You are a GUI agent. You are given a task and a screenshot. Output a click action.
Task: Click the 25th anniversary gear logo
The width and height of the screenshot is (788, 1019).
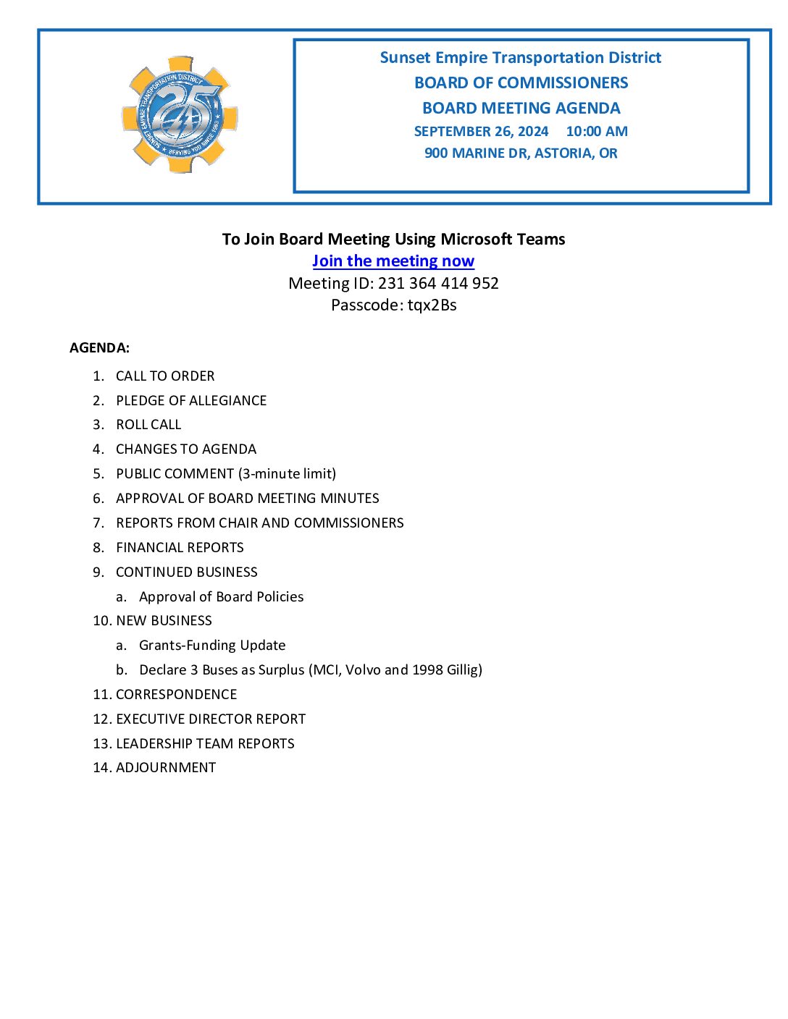(180, 114)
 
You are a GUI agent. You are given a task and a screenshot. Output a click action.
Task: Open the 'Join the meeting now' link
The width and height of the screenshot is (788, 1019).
(393, 261)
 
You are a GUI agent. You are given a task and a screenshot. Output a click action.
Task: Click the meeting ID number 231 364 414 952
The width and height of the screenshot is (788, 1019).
(438, 283)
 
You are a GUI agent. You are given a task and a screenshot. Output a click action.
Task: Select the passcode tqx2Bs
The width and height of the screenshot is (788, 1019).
(432, 305)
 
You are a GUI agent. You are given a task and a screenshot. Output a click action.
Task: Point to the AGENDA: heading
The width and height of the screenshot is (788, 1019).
(99, 348)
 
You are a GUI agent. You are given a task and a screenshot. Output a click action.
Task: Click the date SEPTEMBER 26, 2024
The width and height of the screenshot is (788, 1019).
(481, 132)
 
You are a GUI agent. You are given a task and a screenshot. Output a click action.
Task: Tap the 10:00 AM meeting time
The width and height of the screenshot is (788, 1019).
(597, 132)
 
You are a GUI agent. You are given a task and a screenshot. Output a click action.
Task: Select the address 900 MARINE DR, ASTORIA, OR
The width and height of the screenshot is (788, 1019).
(521, 153)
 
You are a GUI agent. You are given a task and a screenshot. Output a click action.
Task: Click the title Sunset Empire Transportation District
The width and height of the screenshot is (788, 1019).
(520, 58)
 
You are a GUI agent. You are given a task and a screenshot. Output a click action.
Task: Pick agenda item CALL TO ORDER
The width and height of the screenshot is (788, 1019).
(165, 376)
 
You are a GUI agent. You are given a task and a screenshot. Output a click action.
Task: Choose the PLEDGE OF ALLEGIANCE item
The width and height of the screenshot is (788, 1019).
(191, 401)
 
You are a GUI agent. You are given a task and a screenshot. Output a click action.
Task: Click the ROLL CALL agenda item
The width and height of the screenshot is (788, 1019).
(148, 425)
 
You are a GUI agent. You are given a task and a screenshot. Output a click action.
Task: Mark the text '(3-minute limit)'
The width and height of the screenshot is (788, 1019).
(287, 474)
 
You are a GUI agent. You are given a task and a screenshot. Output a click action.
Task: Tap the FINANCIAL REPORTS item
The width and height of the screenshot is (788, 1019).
(180, 548)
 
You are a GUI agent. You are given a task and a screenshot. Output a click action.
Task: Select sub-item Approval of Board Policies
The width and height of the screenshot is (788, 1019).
(221, 597)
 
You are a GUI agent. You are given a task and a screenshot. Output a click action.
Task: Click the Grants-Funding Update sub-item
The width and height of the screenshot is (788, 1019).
(212, 646)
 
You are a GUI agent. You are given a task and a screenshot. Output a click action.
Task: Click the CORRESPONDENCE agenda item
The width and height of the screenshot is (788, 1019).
(176, 695)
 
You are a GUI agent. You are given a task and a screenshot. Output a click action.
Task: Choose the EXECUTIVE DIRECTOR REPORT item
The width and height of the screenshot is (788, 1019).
(211, 719)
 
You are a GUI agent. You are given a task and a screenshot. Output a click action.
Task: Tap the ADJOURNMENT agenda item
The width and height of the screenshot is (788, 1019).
(166, 768)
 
